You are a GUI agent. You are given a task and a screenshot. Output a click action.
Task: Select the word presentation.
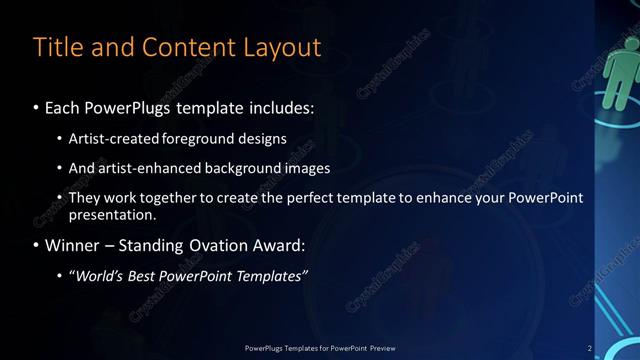click(111, 214)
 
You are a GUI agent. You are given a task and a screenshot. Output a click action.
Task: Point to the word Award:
click(283, 245)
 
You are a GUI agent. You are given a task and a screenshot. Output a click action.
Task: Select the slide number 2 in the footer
click(589, 348)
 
